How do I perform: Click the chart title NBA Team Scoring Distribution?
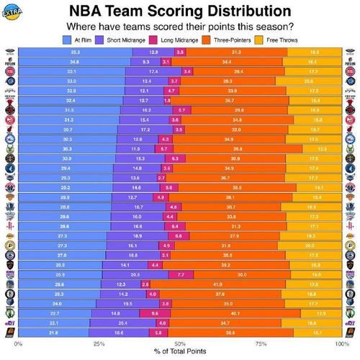[x=180, y=12]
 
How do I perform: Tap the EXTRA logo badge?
[x=12, y=11]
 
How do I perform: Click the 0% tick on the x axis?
[x=19, y=343]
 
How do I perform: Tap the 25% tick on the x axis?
[x=99, y=343]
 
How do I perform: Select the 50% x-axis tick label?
[x=180, y=343]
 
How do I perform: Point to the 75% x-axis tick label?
[x=261, y=343]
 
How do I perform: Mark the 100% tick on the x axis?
[x=340, y=343]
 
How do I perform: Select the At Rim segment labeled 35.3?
[x=75, y=53]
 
